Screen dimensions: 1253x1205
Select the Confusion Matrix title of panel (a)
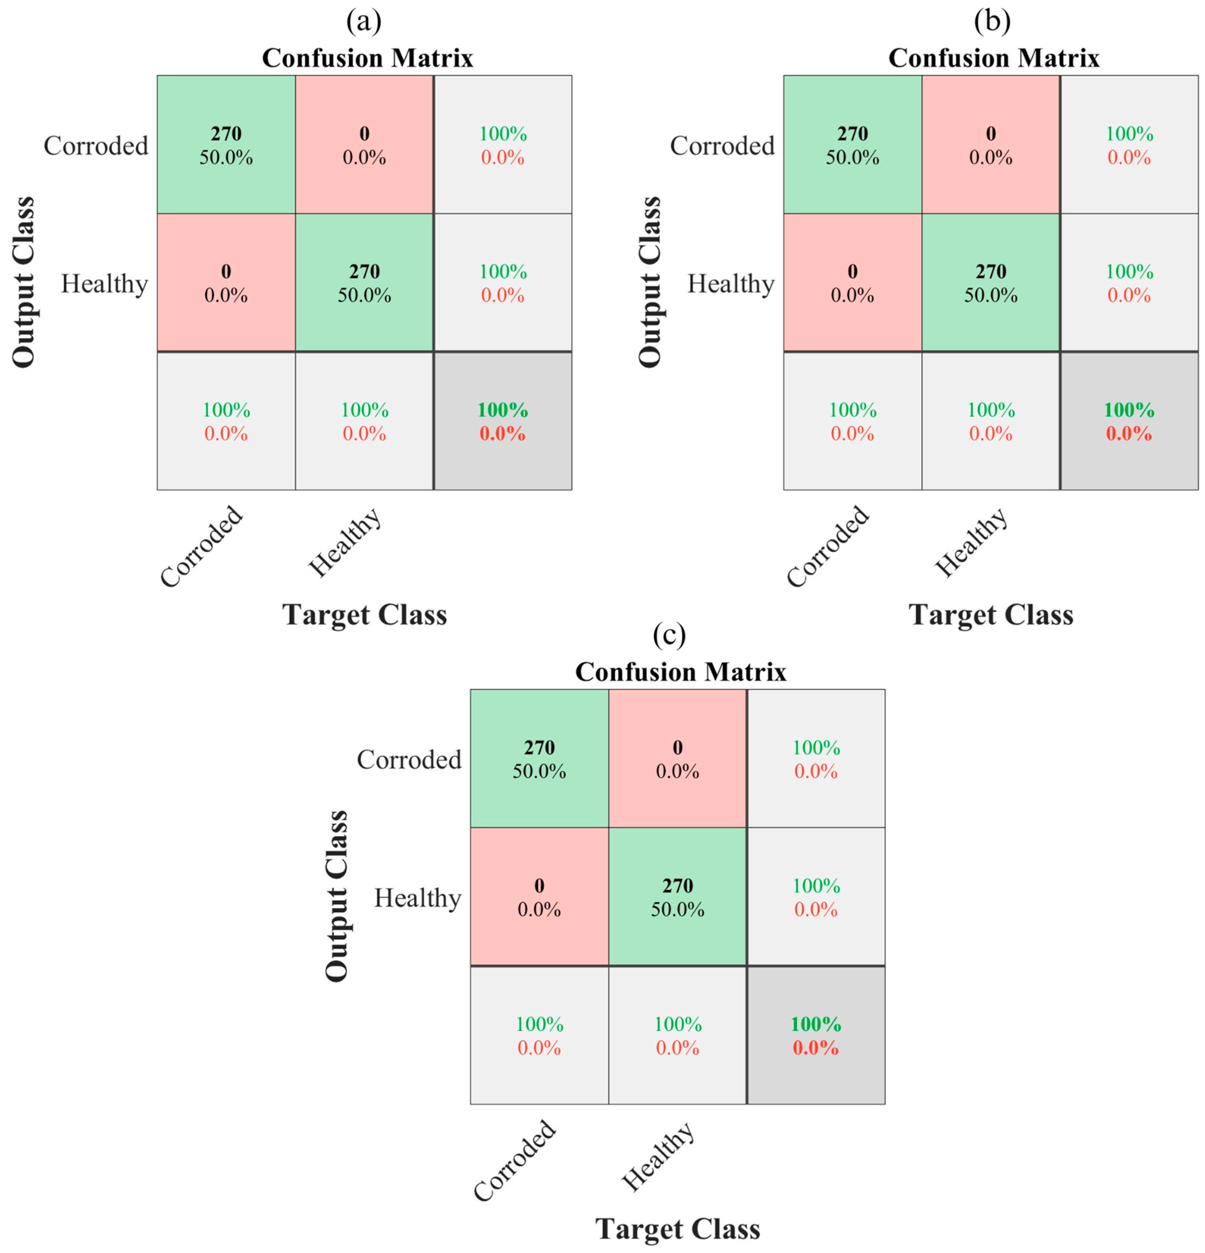coord(368,58)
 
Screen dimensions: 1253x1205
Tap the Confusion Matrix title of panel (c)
coord(681,672)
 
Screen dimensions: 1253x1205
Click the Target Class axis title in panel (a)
coord(365,615)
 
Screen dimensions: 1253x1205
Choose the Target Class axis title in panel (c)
coord(677,1229)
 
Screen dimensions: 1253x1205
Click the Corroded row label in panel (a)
coord(96,146)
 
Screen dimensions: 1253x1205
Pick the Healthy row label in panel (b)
coord(730,283)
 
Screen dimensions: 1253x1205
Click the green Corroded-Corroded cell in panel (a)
coord(226,145)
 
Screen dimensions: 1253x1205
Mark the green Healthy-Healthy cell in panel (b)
coord(991,282)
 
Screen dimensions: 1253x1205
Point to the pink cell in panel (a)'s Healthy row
coord(226,282)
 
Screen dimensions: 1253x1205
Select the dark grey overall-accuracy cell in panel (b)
coord(1129,421)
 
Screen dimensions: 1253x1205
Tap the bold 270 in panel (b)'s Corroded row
coord(853,134)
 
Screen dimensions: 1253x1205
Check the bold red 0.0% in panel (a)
coord(502,434)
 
